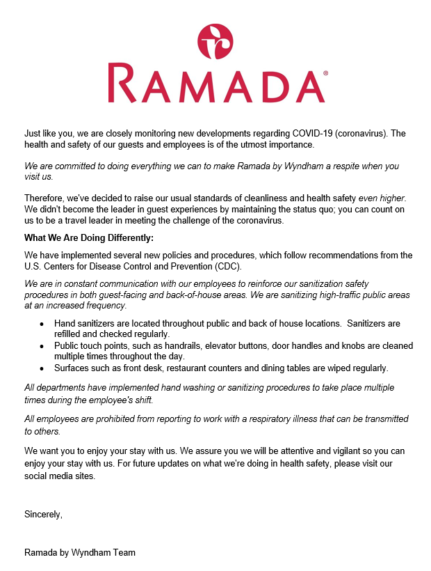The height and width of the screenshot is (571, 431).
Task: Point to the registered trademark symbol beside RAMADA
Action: coord(325,72)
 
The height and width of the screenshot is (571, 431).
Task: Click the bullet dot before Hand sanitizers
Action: coord(42,324)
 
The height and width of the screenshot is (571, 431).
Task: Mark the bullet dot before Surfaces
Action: coord(42,368)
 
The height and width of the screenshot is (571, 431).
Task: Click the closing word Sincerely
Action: coord(43,515)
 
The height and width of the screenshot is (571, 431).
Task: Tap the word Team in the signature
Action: coord(125,552)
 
